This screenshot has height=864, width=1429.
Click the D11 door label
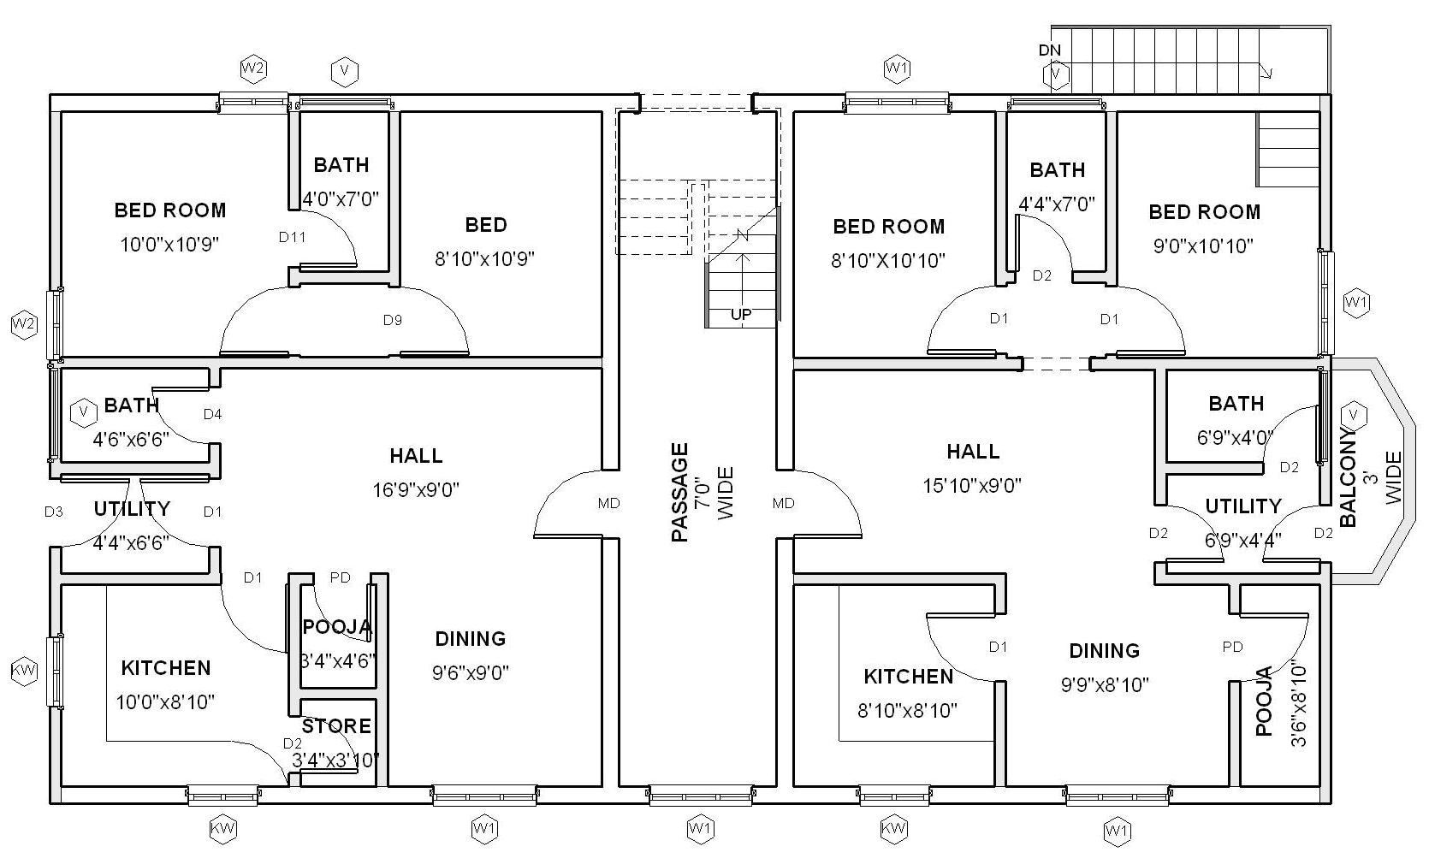[x=292, y=237]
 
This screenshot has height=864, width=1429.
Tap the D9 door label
[x=392, y=320]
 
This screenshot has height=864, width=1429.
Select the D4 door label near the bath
[x=212, y=414]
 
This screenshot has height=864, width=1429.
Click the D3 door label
[x=53, y=512]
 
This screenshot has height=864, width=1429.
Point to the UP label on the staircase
[x=741, y=314]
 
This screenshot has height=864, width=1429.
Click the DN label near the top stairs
[x=1049, y=50]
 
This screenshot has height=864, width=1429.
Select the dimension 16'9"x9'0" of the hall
[x=416, y=490]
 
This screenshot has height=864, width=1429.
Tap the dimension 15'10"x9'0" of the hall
[x=972, y=486]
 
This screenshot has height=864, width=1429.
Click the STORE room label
[x=336, y=726]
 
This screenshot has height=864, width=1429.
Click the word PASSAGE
[x=679, y=492]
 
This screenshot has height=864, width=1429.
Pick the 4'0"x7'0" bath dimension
[x=341, y=199]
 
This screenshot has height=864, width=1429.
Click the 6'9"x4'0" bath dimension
[x=1234, y=438]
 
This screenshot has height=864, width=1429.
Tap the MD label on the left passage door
[x=608, y=503]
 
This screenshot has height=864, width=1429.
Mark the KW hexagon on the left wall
[x=24, y=671]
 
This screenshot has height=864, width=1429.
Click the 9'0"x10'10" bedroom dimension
[x=1203, y=246]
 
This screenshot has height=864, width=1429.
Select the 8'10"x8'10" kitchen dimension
[x=908, y=710]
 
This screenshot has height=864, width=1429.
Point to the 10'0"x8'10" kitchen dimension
[x=165, y=702]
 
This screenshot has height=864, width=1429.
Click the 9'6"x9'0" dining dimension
[x=470, y=673]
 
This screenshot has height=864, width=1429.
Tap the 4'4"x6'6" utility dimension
[x=131, y=541]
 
